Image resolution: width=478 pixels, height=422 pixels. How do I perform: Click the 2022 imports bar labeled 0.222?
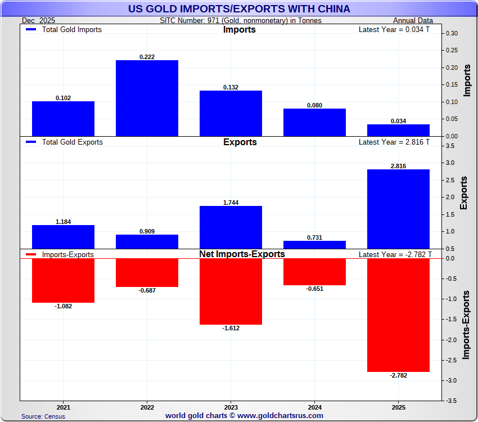pos(147,98)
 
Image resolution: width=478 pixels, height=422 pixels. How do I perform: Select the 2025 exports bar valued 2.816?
pos(398,209)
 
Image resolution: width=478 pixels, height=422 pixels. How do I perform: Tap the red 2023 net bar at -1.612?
pos(231,291)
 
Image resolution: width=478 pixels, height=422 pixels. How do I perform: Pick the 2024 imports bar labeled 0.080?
pos(314,122)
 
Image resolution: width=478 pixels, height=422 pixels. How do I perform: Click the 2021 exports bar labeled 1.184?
pos(63,237)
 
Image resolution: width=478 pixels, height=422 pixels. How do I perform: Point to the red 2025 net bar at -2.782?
pos(398,315)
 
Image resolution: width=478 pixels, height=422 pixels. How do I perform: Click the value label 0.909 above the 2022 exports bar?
pos(147,231)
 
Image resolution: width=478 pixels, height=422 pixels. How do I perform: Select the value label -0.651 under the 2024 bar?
pos(314,289)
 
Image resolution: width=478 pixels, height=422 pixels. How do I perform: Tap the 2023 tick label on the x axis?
pos(231,407)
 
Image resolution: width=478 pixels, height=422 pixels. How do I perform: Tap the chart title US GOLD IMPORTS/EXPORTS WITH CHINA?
pos(239,9)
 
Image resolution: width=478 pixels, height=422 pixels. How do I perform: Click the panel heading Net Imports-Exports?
pos(242,254)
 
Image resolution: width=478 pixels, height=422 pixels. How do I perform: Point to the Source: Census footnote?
pos(43,416)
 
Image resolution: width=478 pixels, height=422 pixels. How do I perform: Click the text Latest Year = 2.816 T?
pos(394,142)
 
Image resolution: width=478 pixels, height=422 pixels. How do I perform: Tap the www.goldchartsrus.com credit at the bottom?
pos(244,416)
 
